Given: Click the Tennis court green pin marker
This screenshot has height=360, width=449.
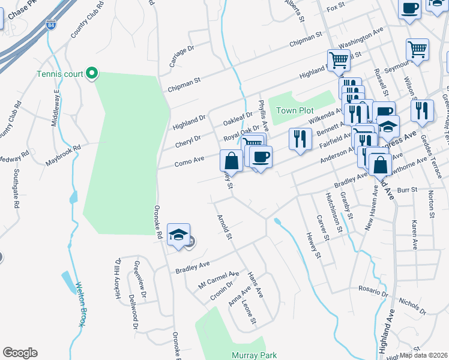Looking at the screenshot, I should (x=92, y=74).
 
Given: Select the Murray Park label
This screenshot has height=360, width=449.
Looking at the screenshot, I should (x=254, y=355).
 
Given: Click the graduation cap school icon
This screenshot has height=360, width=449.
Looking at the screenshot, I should (x=178, y=235).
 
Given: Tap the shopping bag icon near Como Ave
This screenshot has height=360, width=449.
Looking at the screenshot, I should (x=232, y=161).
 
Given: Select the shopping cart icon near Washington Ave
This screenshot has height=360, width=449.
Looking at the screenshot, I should (x=339, y=59).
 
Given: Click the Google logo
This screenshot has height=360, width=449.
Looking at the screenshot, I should (x=20, y=353).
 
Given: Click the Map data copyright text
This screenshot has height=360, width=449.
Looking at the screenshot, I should (x=424, y=355).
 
